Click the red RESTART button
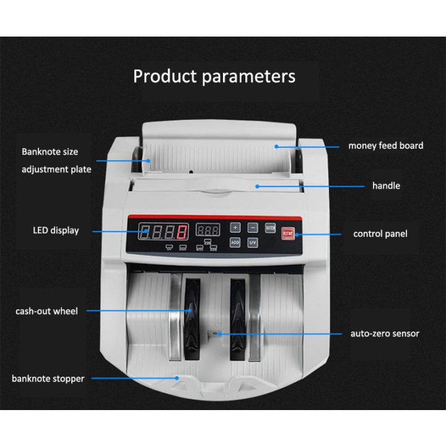(288, 234)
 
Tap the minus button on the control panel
(253, 227)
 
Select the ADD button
(236, 242)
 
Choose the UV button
(253, 242)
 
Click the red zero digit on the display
(182, 234)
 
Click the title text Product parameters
(214, 76)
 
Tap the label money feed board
(385, 146)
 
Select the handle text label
(386, 186)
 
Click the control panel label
(380, 234)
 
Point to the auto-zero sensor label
(385, 333)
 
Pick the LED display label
(56, 230)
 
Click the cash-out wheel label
(46, 311)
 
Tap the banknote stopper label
(48, 378)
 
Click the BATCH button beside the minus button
(270, 227)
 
